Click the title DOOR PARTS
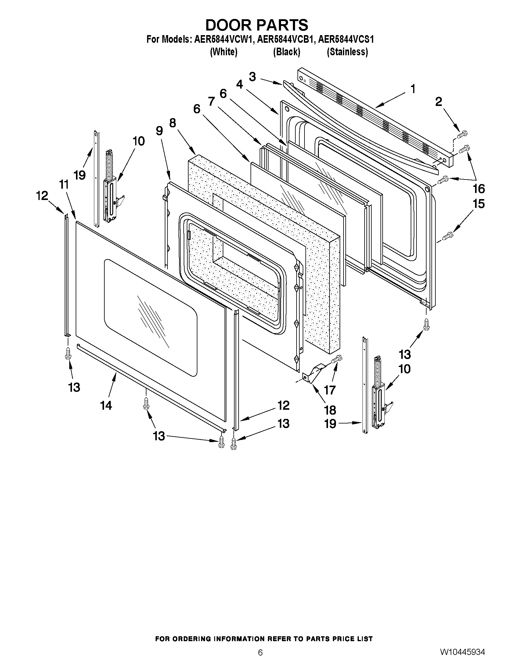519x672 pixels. [256, 25]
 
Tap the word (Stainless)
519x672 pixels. [347, 52]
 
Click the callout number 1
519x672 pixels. [413, 89]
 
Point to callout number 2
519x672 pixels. [438, 102]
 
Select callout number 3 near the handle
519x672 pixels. [252, 77]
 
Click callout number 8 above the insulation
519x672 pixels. [172, 123]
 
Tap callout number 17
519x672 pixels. [330, 390]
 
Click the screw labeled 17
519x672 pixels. [337, 358]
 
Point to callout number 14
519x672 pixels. [106, 405]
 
